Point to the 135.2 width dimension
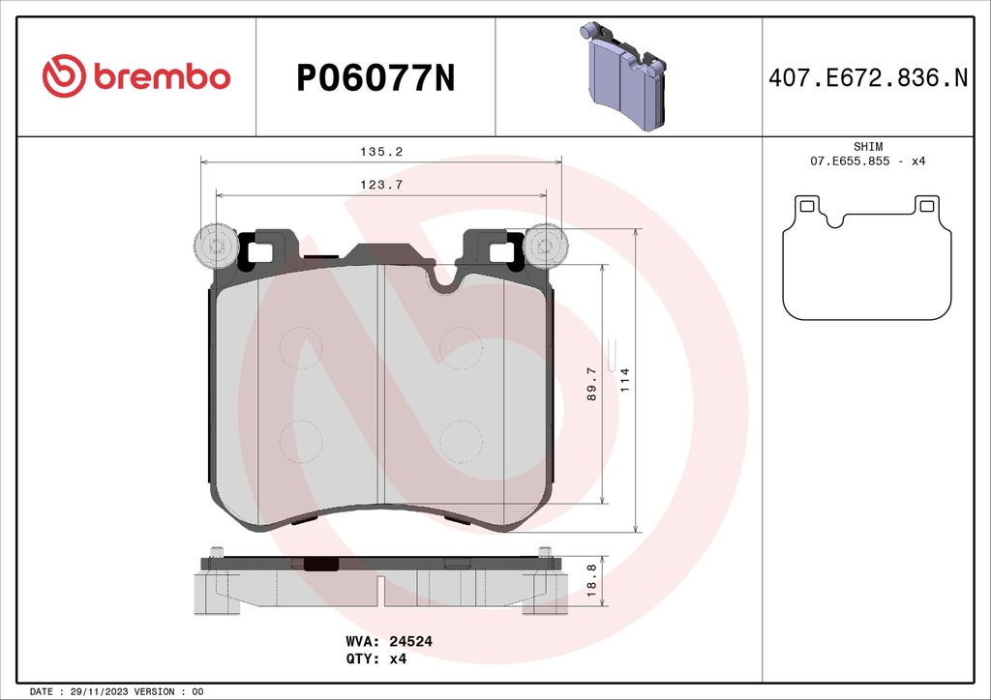380,152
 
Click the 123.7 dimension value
380,184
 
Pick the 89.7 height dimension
591,384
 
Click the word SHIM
867,146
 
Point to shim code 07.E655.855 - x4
867,160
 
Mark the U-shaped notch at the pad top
445,279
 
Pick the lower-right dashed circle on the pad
461,442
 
